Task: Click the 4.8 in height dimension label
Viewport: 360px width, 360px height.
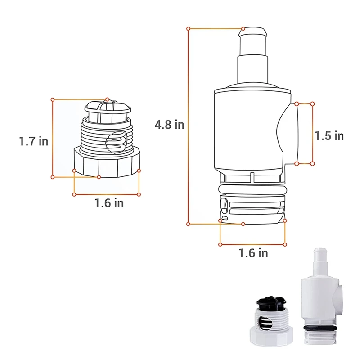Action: (x=170, y=125)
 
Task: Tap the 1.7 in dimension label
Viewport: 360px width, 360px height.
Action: (x=34, y=141)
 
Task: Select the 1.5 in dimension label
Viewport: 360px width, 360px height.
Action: (x=329, y=136)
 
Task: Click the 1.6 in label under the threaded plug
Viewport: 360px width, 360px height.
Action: (x=109, y=203)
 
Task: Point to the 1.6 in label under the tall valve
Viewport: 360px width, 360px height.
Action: (x=253, y=253)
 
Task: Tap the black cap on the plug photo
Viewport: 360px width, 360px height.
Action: (x=271, y=303)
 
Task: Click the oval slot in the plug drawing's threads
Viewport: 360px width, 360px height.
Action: (x=117, y=142)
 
